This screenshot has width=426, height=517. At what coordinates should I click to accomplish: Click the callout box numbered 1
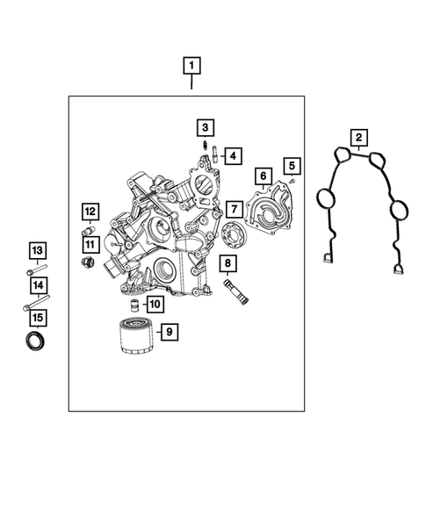[x=191, y=65]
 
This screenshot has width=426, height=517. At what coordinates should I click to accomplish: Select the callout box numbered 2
[x=358, y=137]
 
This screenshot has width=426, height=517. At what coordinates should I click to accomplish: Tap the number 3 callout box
[x=203, y=126]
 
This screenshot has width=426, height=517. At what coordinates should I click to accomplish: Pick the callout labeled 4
[x=232, y=156]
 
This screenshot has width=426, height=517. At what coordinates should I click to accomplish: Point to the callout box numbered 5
[x=292, y=164]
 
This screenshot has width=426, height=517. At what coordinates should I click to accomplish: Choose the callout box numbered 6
[x=263, y=176]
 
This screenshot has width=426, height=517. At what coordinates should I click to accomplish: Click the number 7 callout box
[x=233, y=209]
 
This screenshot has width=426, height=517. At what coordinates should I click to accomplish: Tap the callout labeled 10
[x=155, y=305]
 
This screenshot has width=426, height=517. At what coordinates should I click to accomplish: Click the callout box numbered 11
[x=90, y=242]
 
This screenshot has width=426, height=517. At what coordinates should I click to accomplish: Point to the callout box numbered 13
[x=37, y=252]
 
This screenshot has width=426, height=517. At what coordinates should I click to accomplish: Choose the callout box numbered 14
[x=37, y=285]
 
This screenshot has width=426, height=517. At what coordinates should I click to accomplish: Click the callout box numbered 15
[x=37, y=317]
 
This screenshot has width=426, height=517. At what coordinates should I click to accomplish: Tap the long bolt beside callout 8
[x=236, y=291]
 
